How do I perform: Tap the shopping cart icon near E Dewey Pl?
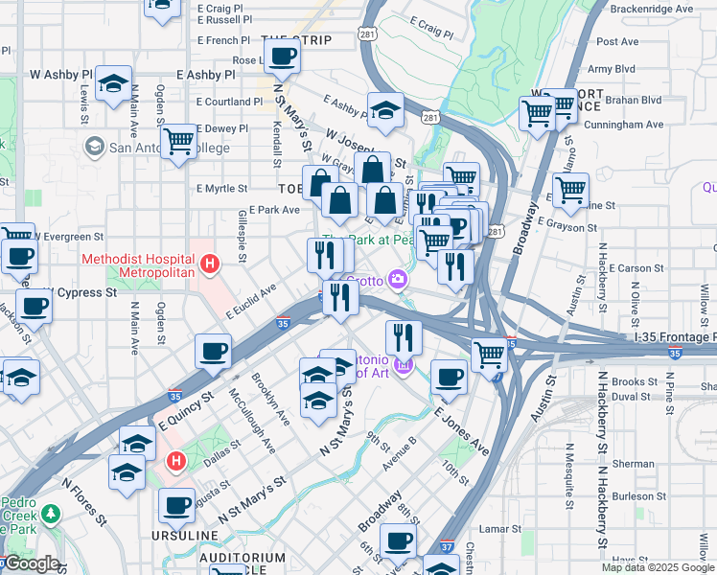(178, 144)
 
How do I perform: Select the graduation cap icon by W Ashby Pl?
(113, 84)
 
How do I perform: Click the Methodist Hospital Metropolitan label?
(138, 265)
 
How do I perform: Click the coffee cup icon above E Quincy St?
(213, 351)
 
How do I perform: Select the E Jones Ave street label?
(461, 432)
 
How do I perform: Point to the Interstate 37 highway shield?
(447, 547)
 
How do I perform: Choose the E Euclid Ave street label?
(251, 300)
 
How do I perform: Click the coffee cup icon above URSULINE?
(176, 505)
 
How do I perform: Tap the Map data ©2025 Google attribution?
(658, 567)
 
